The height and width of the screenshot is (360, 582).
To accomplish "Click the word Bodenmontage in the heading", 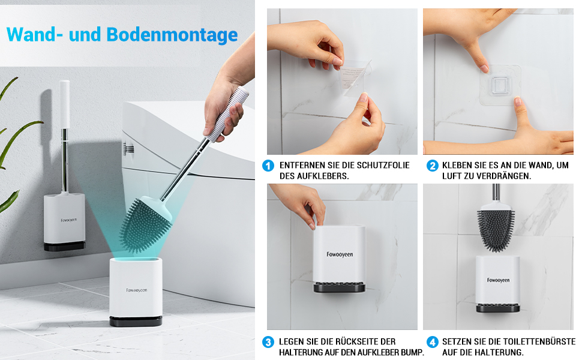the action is [x=172, y=35].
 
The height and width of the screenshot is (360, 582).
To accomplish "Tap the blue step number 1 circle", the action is [x=268, y=166].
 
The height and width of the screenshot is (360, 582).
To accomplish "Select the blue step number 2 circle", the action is [x=432, y=166].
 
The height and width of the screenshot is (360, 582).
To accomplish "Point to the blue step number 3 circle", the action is [x=268, y=342].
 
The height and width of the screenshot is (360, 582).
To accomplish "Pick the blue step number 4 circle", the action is [x=432, y=342].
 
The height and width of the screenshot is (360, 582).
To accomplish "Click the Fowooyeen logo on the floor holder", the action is [x=136, y=290].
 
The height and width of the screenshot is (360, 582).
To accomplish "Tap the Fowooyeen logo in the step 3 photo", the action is [x=340, y=254].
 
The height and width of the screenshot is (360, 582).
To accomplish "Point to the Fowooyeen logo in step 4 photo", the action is [x=498, y=280].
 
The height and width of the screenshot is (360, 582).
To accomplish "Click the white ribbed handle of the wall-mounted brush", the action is [x=65, y=104].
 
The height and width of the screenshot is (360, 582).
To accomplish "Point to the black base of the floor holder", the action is [x=136, y=322].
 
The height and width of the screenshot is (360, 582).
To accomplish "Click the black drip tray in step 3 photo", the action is [x=339, y=287].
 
